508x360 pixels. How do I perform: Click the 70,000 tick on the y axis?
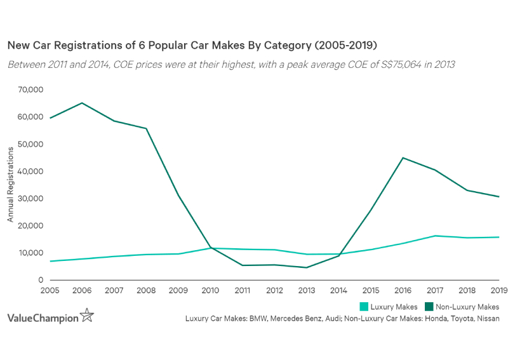point(30,90)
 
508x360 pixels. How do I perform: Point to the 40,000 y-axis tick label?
point(30,171)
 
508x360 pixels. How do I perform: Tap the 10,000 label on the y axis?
point(30,253)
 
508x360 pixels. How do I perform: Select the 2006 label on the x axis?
point(81,291)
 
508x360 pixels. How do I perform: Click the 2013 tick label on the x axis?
point(307,291)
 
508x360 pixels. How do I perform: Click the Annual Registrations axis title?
point(10,185)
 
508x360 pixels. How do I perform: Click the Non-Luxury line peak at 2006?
point(82,103)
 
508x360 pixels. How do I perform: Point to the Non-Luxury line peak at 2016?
point(403,157)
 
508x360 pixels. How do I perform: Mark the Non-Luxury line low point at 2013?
point(307,267)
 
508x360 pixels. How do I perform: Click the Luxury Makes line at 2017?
point(435,236)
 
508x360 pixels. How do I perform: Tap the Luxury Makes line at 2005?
point(51,261)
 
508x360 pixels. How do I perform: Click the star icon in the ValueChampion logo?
point(87,316)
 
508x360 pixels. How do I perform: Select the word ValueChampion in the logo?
point(43,316)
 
